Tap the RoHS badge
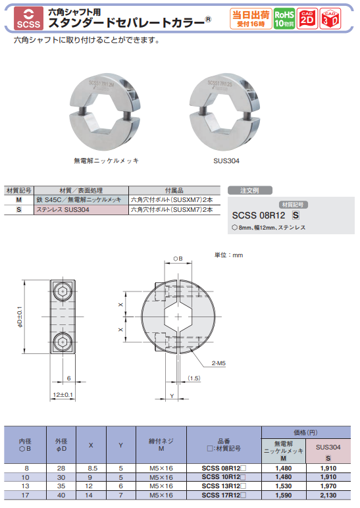pos(284,18)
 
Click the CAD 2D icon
pos(307,18)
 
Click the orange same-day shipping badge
pos(249,18)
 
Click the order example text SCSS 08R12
pos(259,215)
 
